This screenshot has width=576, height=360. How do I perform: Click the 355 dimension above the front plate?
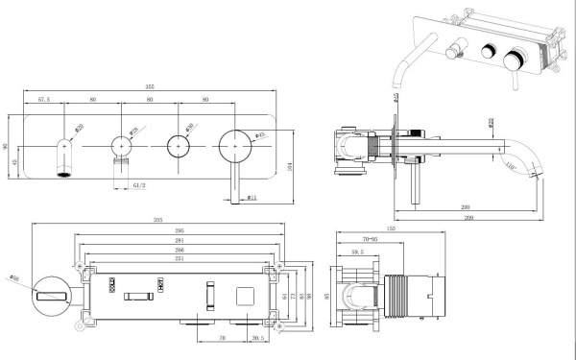coord(149,85)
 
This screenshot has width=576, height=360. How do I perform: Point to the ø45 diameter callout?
coord(258,134)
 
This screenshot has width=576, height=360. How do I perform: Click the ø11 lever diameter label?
coord(251,198)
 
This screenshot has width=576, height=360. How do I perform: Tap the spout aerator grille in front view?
coord(65,174)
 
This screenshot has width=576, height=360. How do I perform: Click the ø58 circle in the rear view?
coord(51,298)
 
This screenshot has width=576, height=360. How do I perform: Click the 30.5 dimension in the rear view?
coord(257,339)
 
